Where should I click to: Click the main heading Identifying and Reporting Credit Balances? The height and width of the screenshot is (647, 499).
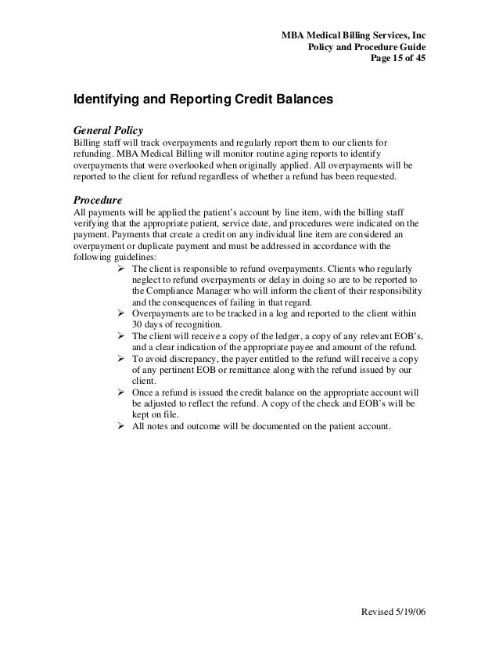203,101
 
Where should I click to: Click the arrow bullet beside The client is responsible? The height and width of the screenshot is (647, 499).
121,268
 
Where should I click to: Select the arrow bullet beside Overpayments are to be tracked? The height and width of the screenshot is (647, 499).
121,314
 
